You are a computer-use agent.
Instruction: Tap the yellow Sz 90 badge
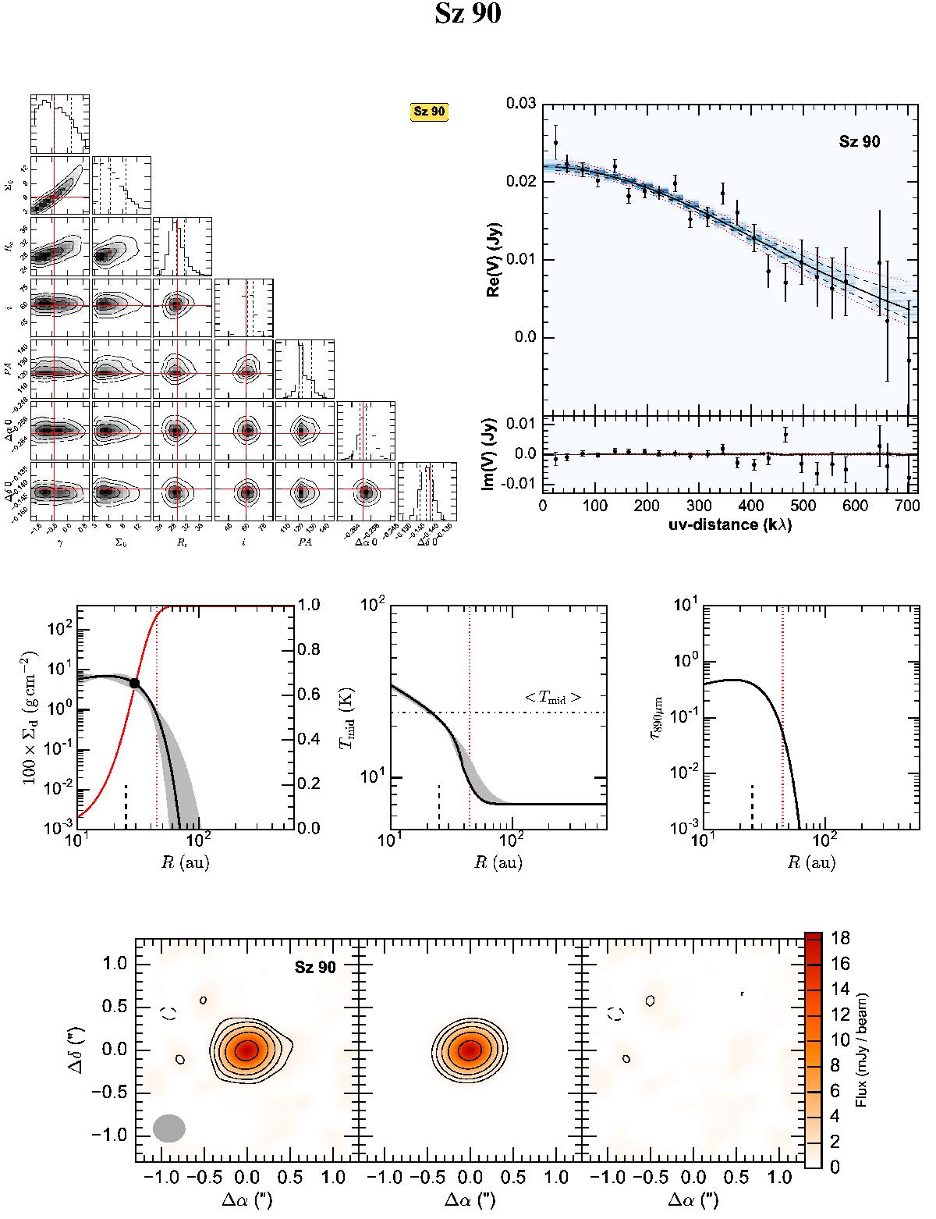429,112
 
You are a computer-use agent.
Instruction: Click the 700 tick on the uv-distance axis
907,505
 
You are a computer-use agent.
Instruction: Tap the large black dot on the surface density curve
134,683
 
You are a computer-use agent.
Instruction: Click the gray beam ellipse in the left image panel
168,1128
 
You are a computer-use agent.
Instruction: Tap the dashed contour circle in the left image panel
169,1013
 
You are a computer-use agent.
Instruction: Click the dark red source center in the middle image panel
469,1050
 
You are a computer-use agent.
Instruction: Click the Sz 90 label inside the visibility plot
860,142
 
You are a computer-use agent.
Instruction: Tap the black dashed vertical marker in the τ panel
752,805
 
